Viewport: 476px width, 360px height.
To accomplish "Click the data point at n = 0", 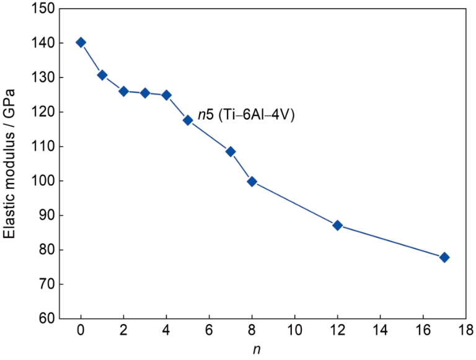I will (x=81, y=42).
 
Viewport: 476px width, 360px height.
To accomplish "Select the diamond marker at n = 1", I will (x=102, y=75).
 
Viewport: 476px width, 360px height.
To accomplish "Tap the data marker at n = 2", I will (x=123, y=91).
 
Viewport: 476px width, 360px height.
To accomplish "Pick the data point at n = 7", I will (x=231, y=151).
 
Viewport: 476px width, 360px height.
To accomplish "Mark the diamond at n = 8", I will (x=252, y=182).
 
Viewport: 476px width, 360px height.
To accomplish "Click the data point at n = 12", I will (x=338, y=225).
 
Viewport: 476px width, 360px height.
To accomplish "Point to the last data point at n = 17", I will (x=444, y=257).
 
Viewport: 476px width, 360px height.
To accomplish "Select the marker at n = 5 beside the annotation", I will (x=188, y=120).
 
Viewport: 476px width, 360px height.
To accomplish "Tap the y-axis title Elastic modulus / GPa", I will (x=10, y=164).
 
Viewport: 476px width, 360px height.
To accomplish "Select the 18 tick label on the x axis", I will (x=465, y=328).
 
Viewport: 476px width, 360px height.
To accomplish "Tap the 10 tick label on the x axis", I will (x=294, y=328).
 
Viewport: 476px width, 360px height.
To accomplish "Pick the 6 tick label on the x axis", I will (x=209, y=328).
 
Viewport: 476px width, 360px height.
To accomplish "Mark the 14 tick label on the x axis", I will (x=380, y=328).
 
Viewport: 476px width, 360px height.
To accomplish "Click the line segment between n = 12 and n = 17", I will (x=391, y=241).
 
